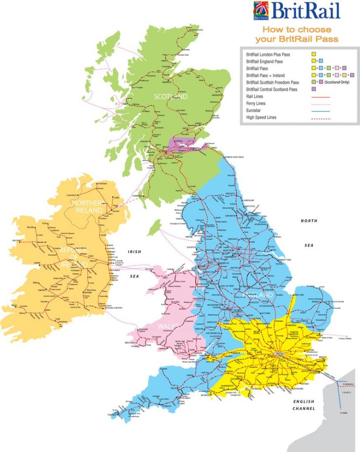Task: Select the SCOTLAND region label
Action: coord(170,97)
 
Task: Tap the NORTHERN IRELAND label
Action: coord(87,207)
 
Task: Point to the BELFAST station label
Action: coord(116,211)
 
